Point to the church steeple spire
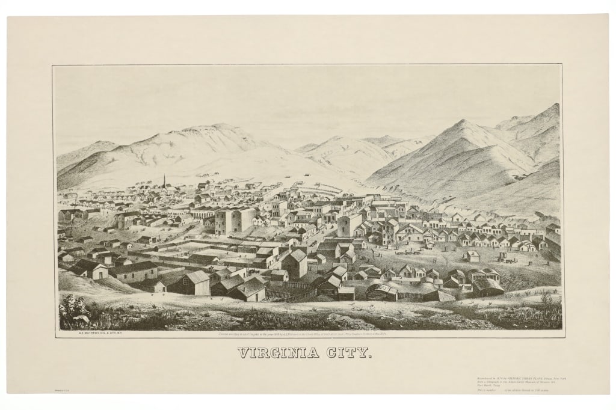pyautogui.click(x=164, y=180)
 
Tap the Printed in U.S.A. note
pyautogui.click(x=61, y=391)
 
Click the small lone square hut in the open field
pyautogui.click(x=472, y=256)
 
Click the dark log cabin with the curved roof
pyautogui.click(x=382, y=293)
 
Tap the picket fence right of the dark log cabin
pyautogui.click(x=411, y=296)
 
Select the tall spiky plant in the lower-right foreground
pyautogui.click(x=546, y=298)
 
